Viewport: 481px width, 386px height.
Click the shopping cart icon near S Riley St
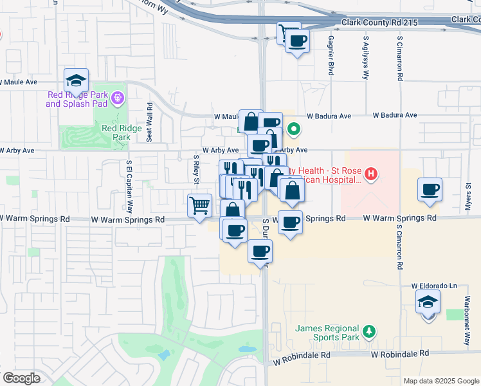click(200, 206)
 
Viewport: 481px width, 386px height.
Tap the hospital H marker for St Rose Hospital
click(370, 174)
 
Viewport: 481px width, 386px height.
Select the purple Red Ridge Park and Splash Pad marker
click(117, 98)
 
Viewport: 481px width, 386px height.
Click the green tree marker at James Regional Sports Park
click(369, 331)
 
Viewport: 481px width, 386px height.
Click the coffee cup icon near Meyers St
click(430, 190)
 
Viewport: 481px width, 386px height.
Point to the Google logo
click(21, 378)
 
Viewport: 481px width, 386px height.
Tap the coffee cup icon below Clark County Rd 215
click(296, 42)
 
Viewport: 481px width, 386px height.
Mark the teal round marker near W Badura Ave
click(293, 129)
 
